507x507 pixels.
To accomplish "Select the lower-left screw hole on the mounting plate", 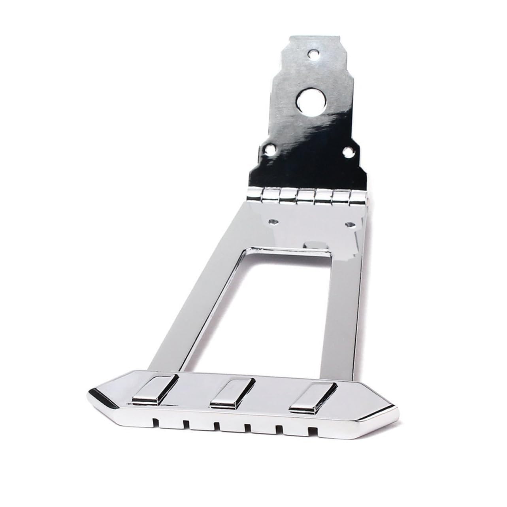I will [270, 150].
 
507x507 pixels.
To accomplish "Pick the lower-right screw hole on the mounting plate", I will [349, 151].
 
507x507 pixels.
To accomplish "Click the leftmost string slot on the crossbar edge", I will [157, 422].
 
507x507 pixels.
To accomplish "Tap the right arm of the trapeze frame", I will [340, 312].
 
